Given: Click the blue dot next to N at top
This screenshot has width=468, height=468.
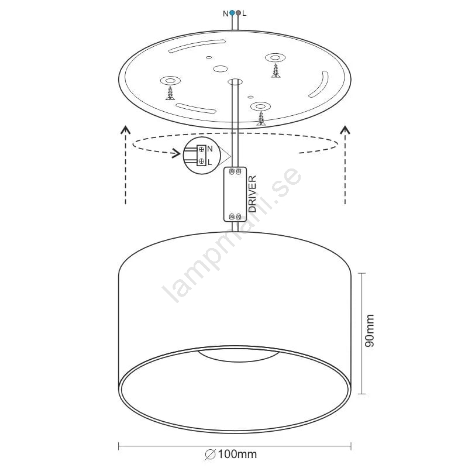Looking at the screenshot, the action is click(232, 13).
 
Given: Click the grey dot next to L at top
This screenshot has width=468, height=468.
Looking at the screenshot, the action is click(238, 13).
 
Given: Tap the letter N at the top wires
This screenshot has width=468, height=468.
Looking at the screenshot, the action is click(226, 13).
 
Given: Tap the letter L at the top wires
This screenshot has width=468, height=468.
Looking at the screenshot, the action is click(245, 13).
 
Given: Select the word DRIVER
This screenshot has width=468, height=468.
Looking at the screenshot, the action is click(252, 194).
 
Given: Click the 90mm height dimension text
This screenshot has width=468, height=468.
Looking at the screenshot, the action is click(370, 331).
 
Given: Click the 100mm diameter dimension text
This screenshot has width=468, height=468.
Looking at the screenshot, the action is click(238, 455).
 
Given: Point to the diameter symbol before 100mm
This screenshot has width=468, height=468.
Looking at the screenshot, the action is click(211, 455).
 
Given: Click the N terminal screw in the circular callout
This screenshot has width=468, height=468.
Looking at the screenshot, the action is click(201, 149).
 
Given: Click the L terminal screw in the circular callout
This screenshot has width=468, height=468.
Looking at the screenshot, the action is click(201, 161).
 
